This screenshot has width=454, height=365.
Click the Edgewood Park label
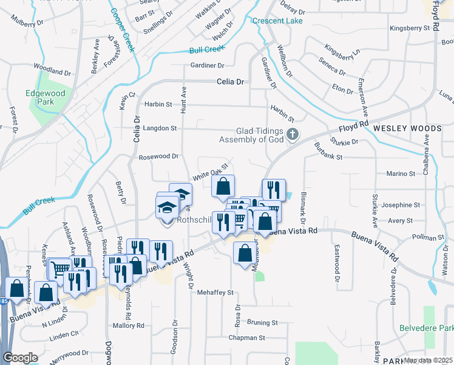click(x=40, y=97)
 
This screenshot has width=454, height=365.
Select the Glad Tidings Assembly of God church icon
click(x=293, y=134)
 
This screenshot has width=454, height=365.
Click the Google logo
click(x=20, y=358)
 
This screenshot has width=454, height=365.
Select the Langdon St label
click(x=160, y=128)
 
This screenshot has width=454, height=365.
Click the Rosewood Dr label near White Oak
click(x=158, y=156)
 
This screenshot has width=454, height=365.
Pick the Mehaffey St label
click(x=215, y=293)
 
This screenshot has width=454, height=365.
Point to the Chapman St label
click(x=247, y=338)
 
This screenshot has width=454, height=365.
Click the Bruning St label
click(x=262, y=322)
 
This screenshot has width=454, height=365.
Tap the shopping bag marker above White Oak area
click(x=223, y=187)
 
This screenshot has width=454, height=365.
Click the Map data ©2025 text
click(x=429, y=360)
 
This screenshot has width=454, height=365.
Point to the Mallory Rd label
click(x=128, y=325)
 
